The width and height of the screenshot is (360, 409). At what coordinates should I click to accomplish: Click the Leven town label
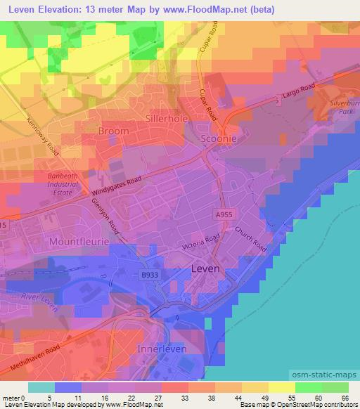206,268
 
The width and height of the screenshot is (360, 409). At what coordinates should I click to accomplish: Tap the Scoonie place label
218,139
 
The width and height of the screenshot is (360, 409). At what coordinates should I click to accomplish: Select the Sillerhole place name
167,118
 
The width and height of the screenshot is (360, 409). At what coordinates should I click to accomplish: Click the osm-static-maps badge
323,374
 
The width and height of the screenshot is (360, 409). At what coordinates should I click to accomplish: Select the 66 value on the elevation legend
344,398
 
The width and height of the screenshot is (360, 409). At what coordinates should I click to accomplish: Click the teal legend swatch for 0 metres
41,387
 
